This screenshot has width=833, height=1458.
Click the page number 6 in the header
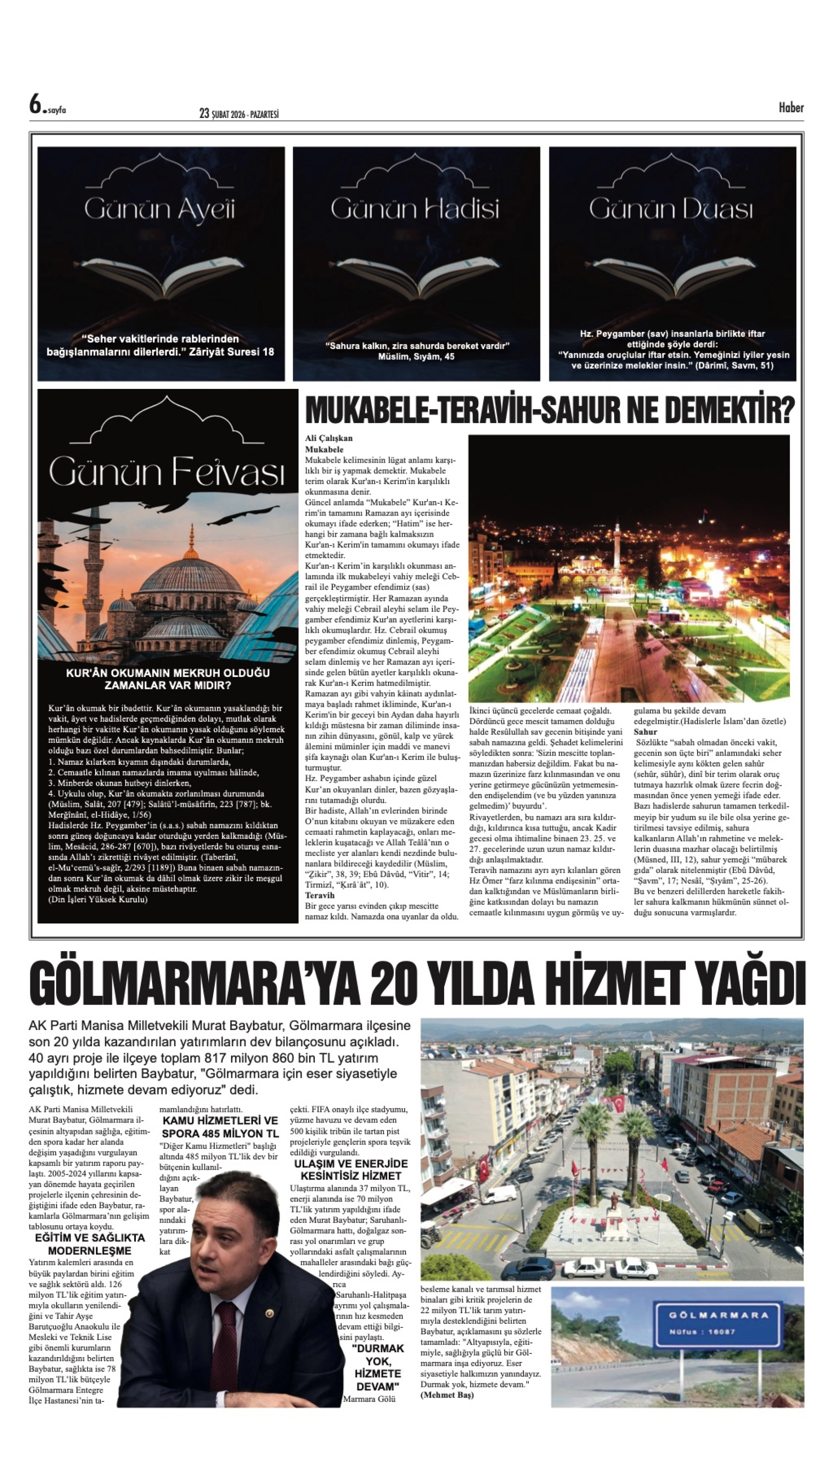tap(36, 105)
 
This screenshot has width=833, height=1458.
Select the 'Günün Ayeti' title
tap(160, 210)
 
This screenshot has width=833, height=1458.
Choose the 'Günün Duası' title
tap(671, 210)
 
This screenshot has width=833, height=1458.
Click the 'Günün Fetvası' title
tap(167, 473)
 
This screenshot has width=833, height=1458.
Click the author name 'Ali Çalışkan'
tap(329, 438)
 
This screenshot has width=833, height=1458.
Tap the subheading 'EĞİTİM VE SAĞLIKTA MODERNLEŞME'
tap(90, 1244)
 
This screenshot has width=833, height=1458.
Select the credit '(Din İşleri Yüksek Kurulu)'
tap(98, 899)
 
